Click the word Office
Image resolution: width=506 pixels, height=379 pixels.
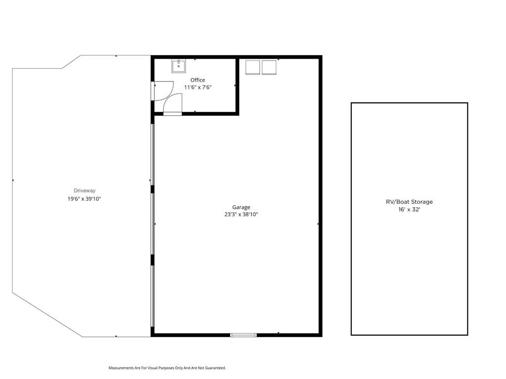click(x=198, y=80)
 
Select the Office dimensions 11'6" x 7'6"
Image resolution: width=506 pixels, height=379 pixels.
click(x=198, y=87)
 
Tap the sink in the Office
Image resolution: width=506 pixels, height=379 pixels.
click(x=178, y=66)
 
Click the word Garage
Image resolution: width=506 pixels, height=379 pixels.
click(x=241, y=207)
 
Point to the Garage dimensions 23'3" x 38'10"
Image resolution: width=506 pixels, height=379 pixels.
click(x=241, y=214)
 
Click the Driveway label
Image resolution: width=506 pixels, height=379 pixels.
click(x=84, y=190)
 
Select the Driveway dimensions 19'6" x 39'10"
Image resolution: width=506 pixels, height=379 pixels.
click(x=84, y=199)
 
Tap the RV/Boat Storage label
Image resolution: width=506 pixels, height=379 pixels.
click(x=409, y=202)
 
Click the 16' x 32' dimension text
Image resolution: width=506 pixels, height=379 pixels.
click(x=409, y=209)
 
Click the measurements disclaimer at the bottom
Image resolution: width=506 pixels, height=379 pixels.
click(x=167, y=368)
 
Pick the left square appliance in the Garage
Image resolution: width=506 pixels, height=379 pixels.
click(x=253, y=67)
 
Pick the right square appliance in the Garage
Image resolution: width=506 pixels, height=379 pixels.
click(x=269, y=67)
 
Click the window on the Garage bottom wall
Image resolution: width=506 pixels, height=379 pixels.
click(x=243, y=335)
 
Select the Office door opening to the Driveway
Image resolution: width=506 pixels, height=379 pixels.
click(x=153, y=91)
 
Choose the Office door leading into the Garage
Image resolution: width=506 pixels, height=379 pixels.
click(x=172, y=114)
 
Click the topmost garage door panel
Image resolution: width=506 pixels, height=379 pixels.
click(x=153, y=154)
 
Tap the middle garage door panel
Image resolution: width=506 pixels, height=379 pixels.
click(x=153, y=224)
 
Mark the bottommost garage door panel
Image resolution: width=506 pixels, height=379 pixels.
click(x=153, y=296)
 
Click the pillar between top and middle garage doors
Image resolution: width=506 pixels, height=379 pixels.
click(x=153, y=189)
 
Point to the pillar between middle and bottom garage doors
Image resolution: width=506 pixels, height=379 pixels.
click(x=153, y=260)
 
